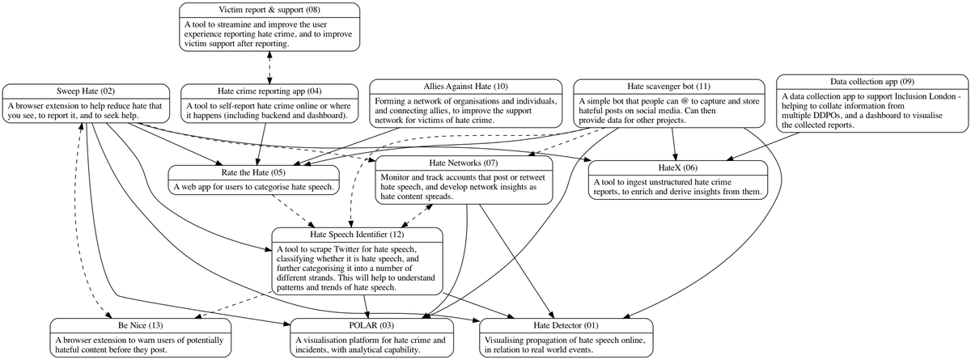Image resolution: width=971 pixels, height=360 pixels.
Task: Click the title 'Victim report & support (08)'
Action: coord(269,10)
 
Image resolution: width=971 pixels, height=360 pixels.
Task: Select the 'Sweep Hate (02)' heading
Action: coord(86,91)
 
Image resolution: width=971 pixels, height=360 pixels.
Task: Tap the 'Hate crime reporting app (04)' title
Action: coord(269,91)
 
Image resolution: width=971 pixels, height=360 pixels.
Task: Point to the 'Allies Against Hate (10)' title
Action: coord(465,87)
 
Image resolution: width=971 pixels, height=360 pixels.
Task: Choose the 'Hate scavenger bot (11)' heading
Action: coord(668,87)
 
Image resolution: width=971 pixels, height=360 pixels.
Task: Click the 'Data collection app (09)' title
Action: coord(872,82)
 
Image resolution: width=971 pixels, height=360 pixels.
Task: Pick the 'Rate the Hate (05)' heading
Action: coord(253,173)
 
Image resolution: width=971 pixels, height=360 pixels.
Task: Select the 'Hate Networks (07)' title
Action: coord(464,163)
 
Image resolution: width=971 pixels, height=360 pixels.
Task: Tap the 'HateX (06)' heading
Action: coord(677,168)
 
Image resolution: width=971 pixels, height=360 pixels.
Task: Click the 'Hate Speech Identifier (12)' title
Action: coord(357,235)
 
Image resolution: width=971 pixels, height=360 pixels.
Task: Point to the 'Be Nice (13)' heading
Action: coord(141,326)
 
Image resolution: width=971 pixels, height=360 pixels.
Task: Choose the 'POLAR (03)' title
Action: coord(371,326)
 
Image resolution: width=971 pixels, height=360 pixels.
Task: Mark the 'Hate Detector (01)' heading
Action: coord(566,326)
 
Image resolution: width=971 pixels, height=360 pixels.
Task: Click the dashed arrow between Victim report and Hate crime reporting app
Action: coord(269,68)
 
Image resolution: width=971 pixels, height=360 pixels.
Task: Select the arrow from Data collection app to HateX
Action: coord(763,146)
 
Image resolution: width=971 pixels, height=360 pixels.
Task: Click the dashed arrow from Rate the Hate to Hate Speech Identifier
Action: coord(294,211)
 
